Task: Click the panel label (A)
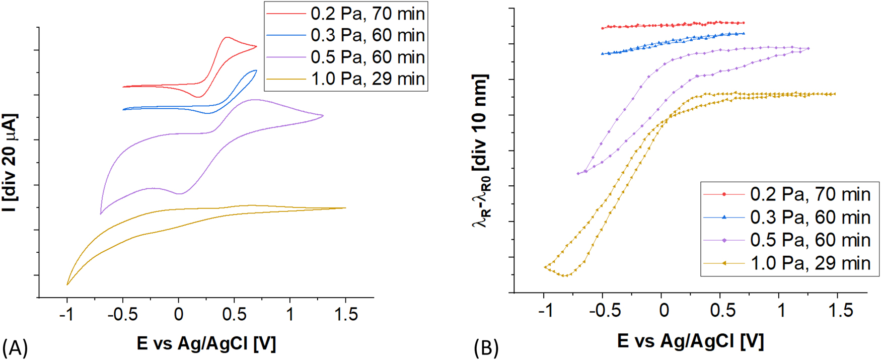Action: click(x=15, y=348)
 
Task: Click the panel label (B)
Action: click(x=486, y=348)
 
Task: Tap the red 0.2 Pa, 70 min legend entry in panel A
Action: click(x=346, y=14)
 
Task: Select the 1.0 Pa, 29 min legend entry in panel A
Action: click(x=346, y=79)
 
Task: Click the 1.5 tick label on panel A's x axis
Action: click(x=345, y=315)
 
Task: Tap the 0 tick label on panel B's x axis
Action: click(x=664, y=311)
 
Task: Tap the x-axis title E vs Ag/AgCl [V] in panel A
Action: click(x=206, y=343)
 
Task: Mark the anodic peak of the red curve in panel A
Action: click(x=227, y=37)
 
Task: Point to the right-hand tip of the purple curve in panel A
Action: click(x=323, y=116)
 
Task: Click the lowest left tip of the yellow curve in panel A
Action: click(x=67, y=284)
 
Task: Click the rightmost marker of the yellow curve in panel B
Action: click(x=834, y=94)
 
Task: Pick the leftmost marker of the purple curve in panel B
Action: click(x=578, y=174)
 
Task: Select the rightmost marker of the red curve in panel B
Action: click(x=743, y=23)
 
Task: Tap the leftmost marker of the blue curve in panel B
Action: click(x=603, y=53)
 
